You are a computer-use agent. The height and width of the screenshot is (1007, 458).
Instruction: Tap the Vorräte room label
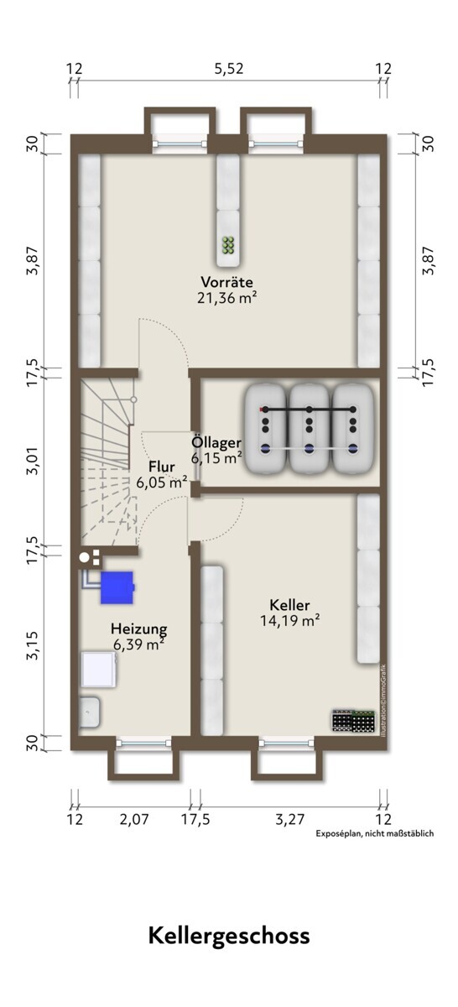coord(227,282)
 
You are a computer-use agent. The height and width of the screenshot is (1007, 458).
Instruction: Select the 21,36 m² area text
coord(227,298)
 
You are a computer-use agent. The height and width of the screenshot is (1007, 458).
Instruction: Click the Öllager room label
coord(216,443)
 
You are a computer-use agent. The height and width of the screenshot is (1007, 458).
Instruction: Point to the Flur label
coord(162,467)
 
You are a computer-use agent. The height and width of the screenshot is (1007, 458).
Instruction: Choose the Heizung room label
coord(139,629)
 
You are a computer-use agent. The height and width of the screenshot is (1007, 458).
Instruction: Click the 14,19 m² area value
coord(290,620)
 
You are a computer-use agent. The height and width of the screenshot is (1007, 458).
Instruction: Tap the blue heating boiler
coord(117,587)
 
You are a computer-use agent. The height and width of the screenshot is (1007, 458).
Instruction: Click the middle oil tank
coord(309,428)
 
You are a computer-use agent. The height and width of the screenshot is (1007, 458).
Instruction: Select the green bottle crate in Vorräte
coord(229,244)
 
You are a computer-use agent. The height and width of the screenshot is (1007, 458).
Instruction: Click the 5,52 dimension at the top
coord(229,69)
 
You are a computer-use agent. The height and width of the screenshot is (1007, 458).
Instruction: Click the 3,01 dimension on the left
coord(34,461)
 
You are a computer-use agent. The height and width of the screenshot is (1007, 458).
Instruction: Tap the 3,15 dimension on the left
coord(34,645)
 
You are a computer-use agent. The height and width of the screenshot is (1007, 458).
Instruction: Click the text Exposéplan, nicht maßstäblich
coord(374,833)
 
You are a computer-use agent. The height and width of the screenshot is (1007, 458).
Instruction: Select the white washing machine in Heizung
coord(99,670)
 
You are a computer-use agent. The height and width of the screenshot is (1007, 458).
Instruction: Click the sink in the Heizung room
coord(90,712)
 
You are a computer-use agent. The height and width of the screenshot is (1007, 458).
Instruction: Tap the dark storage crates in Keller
coord(353,721)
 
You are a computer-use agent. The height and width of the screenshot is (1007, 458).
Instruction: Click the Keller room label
coord(290,605)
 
